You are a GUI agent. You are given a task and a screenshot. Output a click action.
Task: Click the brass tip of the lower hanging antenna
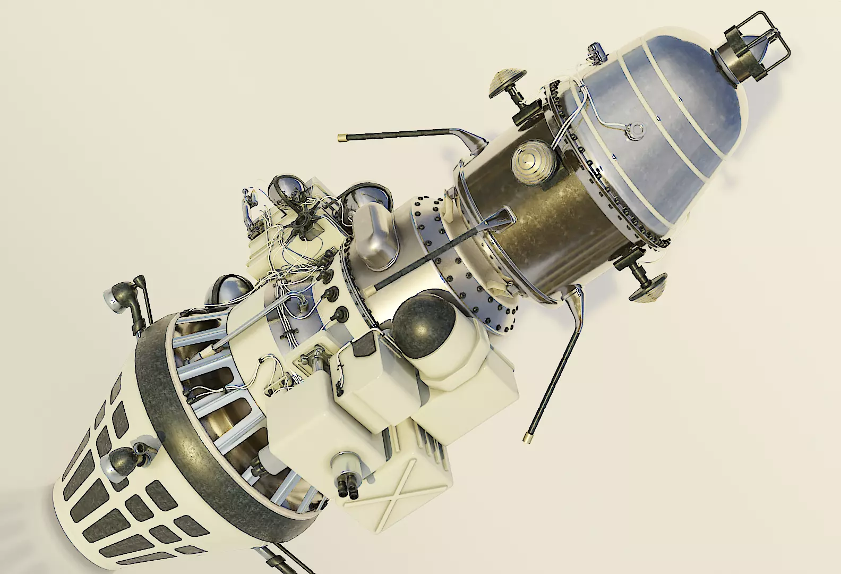527,436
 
